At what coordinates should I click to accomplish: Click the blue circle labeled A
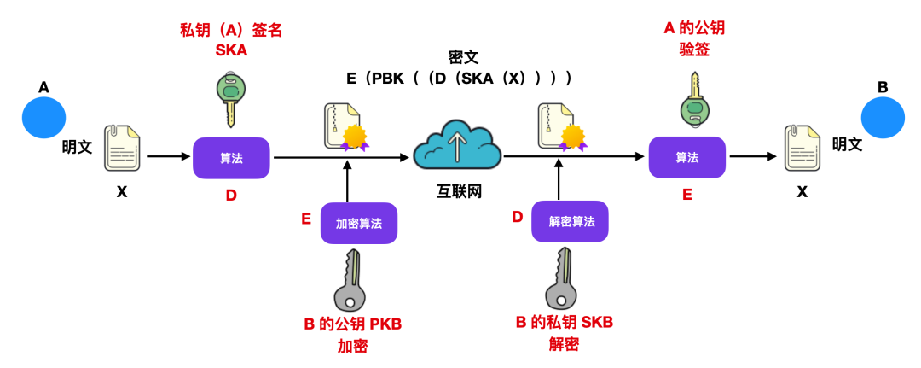tap(44, 117)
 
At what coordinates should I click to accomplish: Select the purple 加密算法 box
tap(359, 224)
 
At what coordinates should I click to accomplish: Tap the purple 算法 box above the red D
tap(231, 158)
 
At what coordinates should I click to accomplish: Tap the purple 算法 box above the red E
tap(686, 157)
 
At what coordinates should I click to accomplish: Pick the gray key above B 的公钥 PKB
tap(350, 281)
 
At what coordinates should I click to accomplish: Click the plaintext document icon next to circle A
tap(122, 149)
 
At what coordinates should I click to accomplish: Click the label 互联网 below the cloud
tap(457, 192)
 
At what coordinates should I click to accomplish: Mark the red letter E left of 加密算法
tap(305, 219)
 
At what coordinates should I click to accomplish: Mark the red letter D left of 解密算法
tap(517, 217)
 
